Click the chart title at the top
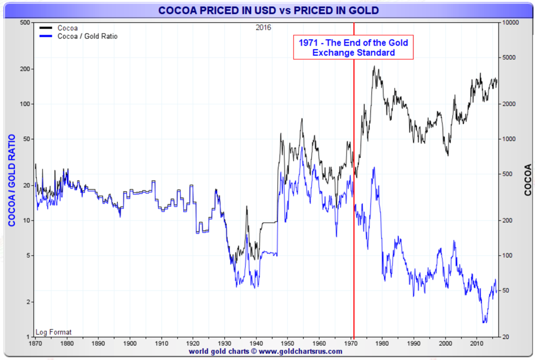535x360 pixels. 268,11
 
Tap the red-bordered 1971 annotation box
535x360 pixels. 353,47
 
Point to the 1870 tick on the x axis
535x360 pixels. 35,343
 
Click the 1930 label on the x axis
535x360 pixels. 225,343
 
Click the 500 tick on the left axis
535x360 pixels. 24,23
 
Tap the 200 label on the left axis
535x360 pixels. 24,69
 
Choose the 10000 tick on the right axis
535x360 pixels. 509,23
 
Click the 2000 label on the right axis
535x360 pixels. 508,104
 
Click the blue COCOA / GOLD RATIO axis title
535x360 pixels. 11,180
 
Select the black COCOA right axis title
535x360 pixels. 527,180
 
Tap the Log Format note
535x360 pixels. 53,332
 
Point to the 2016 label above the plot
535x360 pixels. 264,27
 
